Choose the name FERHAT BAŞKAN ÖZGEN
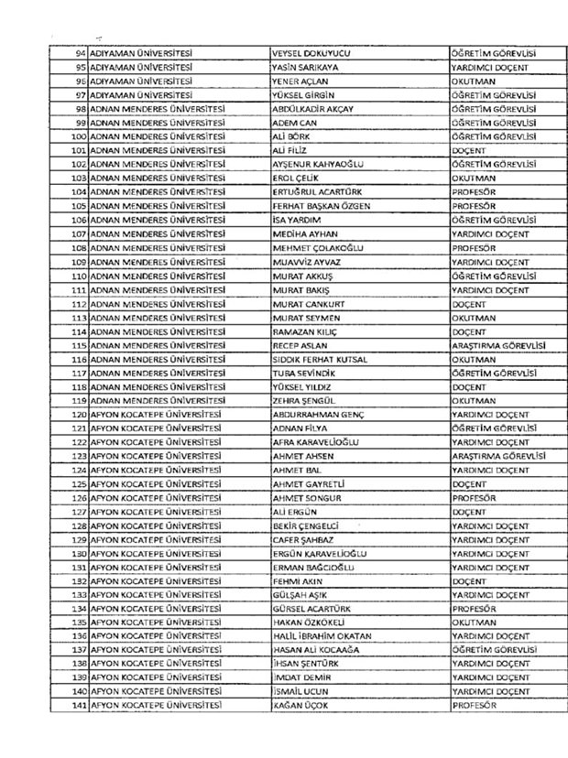coord(322,207)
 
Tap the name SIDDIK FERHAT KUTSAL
coord(321,360)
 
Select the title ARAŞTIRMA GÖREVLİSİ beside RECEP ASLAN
coord(493,346)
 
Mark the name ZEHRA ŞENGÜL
coord(305,401)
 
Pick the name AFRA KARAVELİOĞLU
coord(318,442)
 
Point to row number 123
coord(78,456)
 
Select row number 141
coord(78,706)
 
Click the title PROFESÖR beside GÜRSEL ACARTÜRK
coord(474,609)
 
